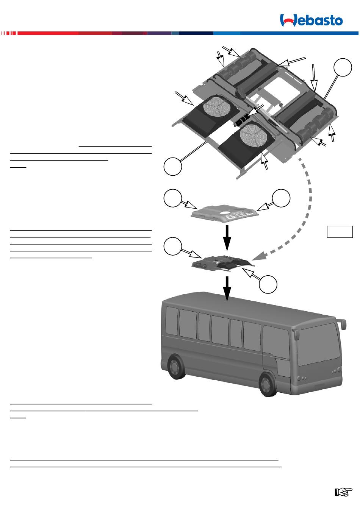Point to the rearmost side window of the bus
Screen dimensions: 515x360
pyautogui.click(x=172, y=321)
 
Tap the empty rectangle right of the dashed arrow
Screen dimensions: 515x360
pyautogui.click(x=340, y=231)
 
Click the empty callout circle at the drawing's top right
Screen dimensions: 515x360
pyautogui.click(x=343, y=67)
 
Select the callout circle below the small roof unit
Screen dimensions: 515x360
pyautogui.click(x=268, y=284)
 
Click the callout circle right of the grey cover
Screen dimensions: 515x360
pyautogui.click(x=282, y=198)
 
